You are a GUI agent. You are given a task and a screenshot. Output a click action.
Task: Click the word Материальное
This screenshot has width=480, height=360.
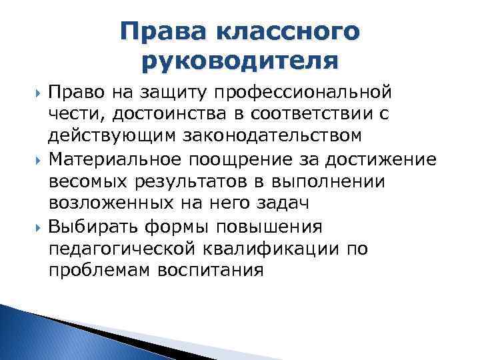click(118, 160)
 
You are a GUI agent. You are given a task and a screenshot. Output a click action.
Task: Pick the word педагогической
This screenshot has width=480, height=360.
click(121, 250)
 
